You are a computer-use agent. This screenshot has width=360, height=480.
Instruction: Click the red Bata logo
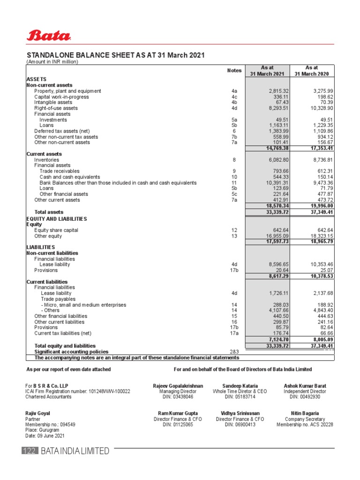pos(49,35)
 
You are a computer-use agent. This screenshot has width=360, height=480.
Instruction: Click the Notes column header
pos(234,70)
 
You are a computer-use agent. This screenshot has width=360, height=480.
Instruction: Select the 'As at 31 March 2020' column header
pos(312,71)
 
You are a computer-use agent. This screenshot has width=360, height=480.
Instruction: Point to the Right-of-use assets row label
pos(56,108)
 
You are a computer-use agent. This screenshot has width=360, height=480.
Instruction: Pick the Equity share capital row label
pos(56,230)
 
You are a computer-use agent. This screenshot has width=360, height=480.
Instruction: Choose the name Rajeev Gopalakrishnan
pos(178,386)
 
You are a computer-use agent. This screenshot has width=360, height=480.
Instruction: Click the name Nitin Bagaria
pos(305,413)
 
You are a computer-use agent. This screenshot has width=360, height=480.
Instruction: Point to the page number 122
pos(29,451)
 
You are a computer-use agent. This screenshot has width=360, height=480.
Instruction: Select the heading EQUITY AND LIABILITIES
pos(56,219)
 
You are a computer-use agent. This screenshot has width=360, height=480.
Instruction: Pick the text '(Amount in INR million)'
pos(52,62)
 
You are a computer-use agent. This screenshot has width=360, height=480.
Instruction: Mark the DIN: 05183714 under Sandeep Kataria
pos(240,397)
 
